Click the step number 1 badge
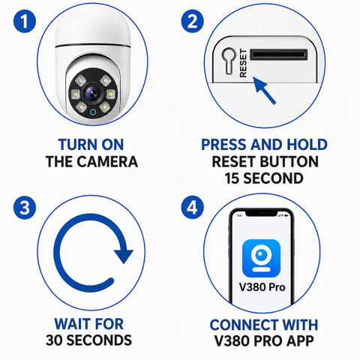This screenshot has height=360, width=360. pyautogui.click(x=25, y=21)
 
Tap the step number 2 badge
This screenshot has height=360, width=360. pyautogui.click(x=192, y=21)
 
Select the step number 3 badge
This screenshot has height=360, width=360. pyautogui.click(x=25, y=208)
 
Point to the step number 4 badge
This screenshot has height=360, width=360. pyautogui.click(x=192, y=208)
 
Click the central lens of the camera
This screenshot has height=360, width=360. pyautogui.click(x=92, y=94)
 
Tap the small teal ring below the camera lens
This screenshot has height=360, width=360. pyautogui.click(x=93, y=112)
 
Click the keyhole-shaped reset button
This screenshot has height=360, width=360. pyautogui.click(x=229, y=61)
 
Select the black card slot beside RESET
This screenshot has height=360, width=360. pyautogui.click(x=279, y=55)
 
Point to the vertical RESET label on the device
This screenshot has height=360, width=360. pyautogui.click(x=243, y=63)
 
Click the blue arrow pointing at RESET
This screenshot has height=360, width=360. pyautogui.click(x=264, y=90)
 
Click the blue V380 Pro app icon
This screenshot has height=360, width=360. pyautogui.click(x=261, y=258)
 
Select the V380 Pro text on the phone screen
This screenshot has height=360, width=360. pyautogui.click(x=262, y=287)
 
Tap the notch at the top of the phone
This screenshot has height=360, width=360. pyautogui.click(x=261, y=213)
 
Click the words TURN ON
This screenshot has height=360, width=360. pyautogui.click(x=91, y=145)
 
